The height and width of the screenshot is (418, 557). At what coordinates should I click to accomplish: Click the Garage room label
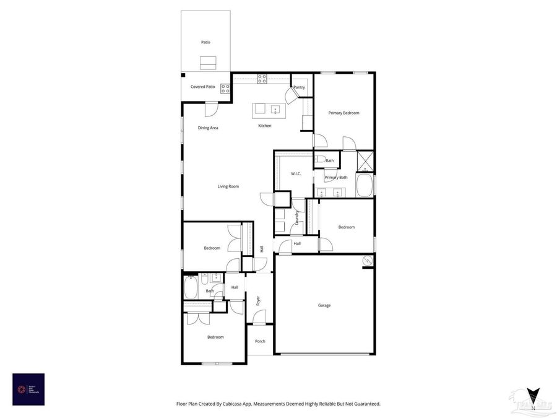(324, 305)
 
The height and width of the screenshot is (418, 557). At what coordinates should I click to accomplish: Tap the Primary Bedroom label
(343, 113)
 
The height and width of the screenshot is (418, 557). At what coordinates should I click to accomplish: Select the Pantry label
(300, 87)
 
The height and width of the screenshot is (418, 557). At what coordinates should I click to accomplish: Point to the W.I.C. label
(296, 173)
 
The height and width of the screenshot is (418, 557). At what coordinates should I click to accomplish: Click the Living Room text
(228, 186)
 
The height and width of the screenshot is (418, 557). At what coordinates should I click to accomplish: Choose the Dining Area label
(208, 128)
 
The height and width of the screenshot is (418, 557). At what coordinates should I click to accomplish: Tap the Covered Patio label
(202, 87)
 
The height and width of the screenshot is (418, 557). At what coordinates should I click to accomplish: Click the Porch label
(260, 341)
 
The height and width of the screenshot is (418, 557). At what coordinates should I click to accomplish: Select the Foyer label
(258, 302)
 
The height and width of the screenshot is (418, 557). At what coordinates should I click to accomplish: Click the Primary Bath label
(336, 178)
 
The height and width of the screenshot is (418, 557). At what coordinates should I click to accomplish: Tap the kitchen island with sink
(267, 110)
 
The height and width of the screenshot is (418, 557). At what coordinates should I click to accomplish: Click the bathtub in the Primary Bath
(365, 185)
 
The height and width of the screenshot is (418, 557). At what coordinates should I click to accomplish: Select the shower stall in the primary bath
(366, 161)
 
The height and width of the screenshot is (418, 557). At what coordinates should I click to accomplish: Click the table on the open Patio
(209, 62)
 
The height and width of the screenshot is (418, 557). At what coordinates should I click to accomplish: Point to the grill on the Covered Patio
(225, 88)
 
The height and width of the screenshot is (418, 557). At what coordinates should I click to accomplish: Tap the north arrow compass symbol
(532, 394)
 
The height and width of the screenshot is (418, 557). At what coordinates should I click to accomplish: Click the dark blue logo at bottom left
(28, 389)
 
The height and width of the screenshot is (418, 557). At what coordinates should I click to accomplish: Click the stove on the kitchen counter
(262, 79)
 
